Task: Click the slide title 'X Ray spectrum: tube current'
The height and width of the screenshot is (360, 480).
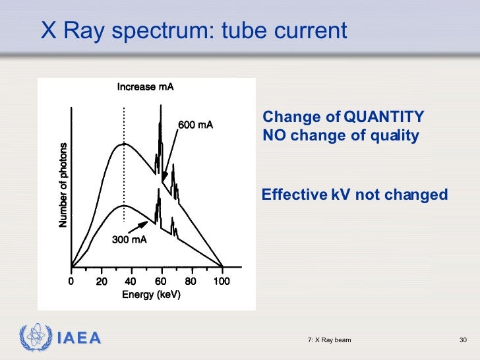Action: click(193, 30)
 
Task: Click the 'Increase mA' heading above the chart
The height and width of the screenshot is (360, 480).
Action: click(146, 87)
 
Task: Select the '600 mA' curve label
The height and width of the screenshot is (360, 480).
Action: click(196, 125)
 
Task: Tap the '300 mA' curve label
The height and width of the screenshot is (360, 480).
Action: click(129, 240)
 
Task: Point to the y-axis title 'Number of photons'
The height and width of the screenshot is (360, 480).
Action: click(63, 185)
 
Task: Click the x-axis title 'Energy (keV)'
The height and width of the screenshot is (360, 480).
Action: click(150, 295)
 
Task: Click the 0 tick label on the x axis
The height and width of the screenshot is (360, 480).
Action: click(72, 282)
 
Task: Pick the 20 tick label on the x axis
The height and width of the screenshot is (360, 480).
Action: click(102, 282)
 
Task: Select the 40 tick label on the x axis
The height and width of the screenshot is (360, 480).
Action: click(131, 282)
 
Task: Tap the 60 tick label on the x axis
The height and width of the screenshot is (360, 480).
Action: click(161, 282)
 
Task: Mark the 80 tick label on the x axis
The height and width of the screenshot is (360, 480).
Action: click(191, 282)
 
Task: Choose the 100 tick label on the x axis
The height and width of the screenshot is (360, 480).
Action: click(222, 282)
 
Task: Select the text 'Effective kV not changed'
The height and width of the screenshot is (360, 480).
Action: click(355, 195)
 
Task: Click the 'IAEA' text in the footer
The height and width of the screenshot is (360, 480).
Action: click(78, 339)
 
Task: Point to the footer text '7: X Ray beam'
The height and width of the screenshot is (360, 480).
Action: click(329, 340)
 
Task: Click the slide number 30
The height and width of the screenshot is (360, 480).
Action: click(463, 340)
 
